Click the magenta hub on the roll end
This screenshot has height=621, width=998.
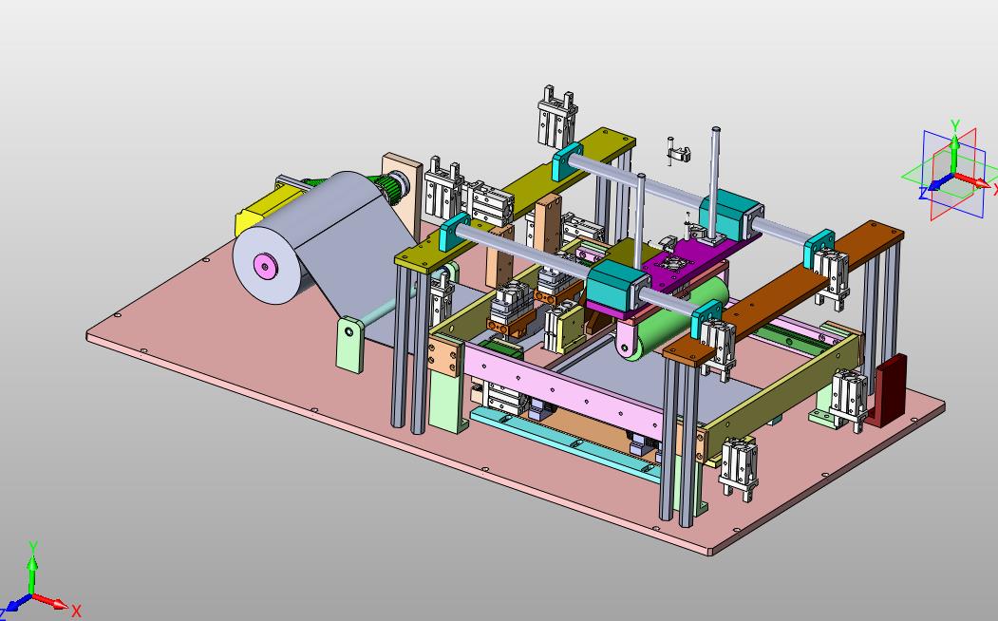[264, 265]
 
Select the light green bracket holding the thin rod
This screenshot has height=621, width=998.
[350, 344]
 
